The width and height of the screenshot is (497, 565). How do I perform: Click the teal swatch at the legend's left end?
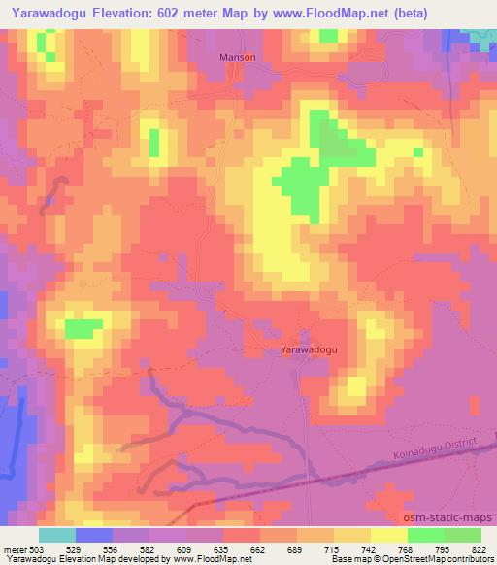(x=57, y=535)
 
